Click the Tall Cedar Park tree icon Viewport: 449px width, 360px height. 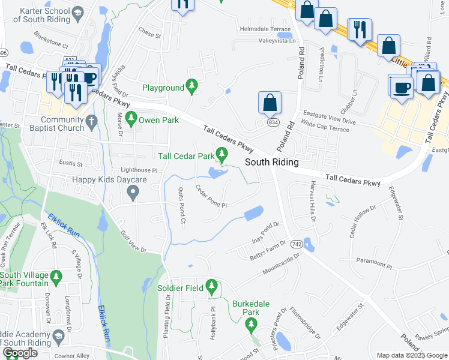(223, 157)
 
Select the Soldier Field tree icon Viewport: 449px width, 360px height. (211, 288)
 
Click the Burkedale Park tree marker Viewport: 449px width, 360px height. (252, 326)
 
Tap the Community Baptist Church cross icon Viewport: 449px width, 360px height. (91, 121)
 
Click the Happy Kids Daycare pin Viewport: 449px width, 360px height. (133, 192)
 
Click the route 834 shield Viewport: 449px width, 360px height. (273, 122)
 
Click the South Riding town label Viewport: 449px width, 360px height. (271, 163)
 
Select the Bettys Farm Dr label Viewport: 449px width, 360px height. (268, 251)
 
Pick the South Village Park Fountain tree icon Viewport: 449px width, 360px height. (56, 277)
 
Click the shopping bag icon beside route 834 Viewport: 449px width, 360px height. (270, 101)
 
